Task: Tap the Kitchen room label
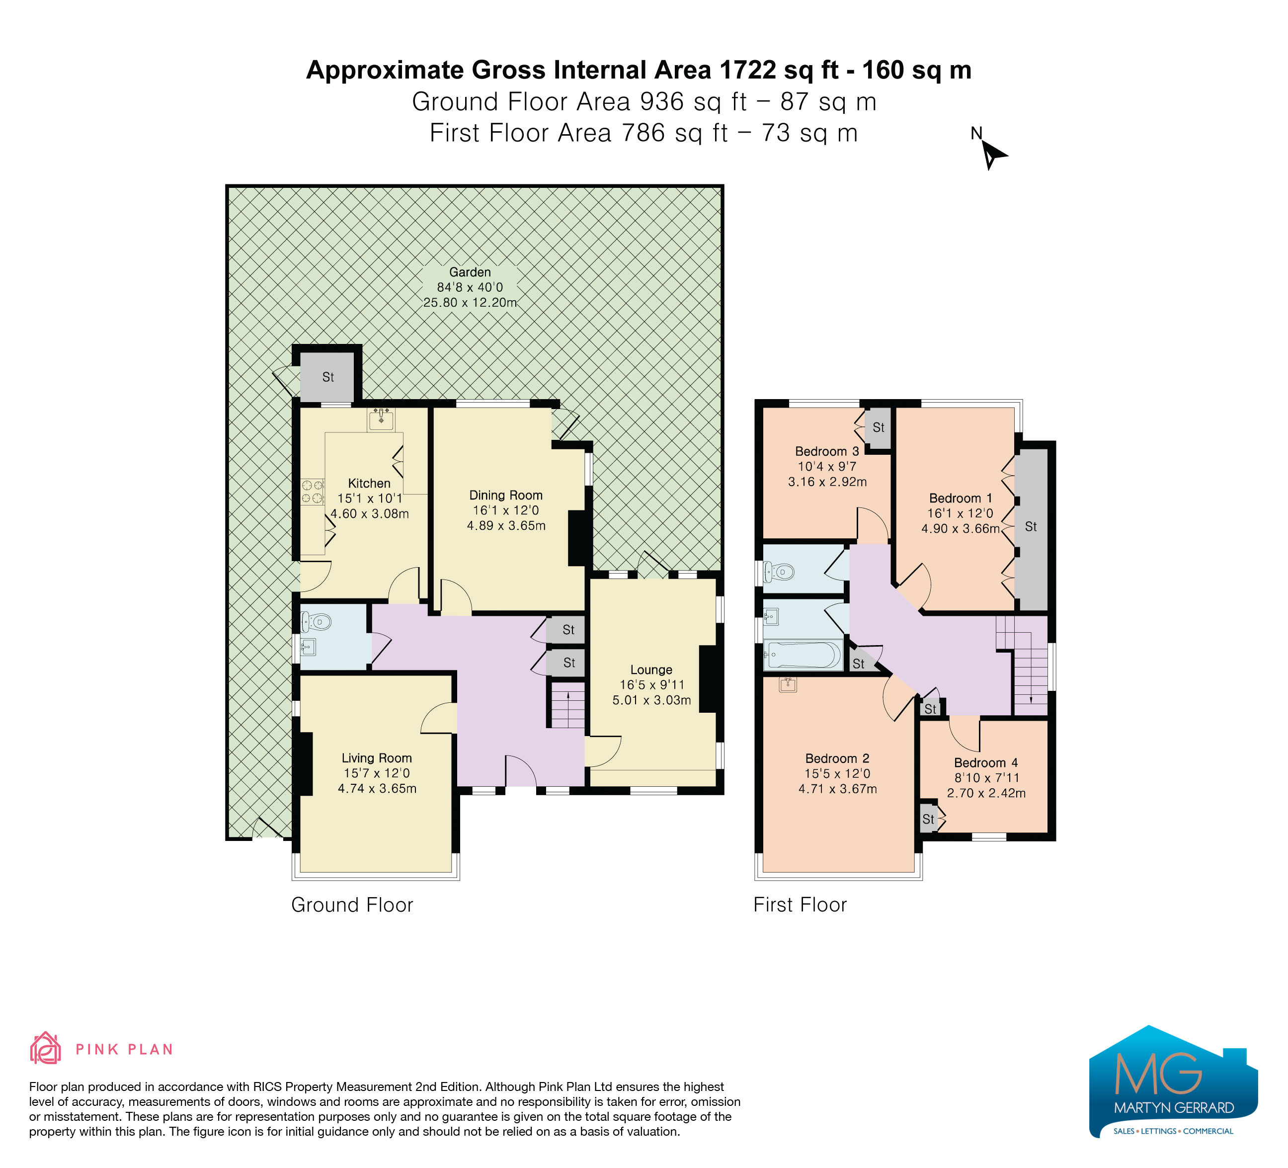369,484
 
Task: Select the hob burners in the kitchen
313,492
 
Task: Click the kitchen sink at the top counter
382,419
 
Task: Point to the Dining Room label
506,495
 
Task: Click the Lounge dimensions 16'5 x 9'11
651,685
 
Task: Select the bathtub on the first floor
804,655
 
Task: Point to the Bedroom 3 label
827,451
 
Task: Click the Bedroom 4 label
986,762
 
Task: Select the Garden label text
470,272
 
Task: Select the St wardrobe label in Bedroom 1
1031,526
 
